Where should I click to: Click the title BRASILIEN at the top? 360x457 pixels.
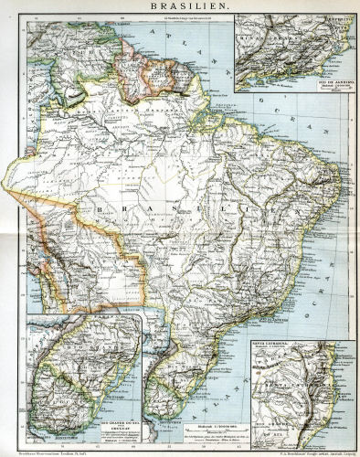tap(179, 6)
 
